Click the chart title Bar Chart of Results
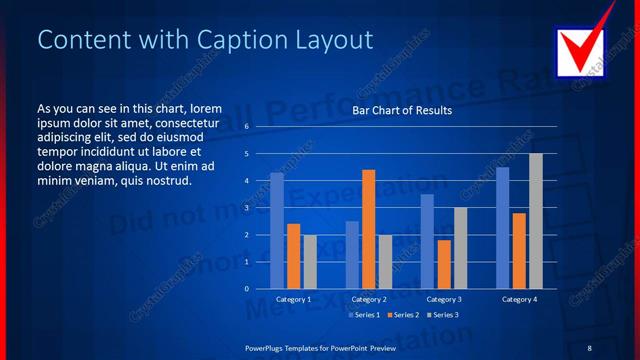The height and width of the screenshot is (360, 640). pos(402,111)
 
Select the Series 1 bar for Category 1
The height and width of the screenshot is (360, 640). pos(277,230)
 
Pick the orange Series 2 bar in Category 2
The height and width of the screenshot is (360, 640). pos(368,229)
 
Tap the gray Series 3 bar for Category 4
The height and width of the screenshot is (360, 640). pos(536,221)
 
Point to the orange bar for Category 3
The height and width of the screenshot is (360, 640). pos(443,264)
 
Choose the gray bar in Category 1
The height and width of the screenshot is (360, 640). pos(310,261)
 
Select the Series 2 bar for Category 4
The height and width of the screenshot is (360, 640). pos(519,250)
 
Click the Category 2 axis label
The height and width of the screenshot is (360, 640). pos(369,299)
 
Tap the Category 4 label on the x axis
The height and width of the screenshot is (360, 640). pos(519,299)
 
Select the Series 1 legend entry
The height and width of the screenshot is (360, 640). pos(362,315)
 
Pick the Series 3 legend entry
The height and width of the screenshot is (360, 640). pos(442,315)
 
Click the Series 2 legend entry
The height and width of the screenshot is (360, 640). pos(402,315)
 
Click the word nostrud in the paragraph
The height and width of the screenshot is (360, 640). pos(168,181)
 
